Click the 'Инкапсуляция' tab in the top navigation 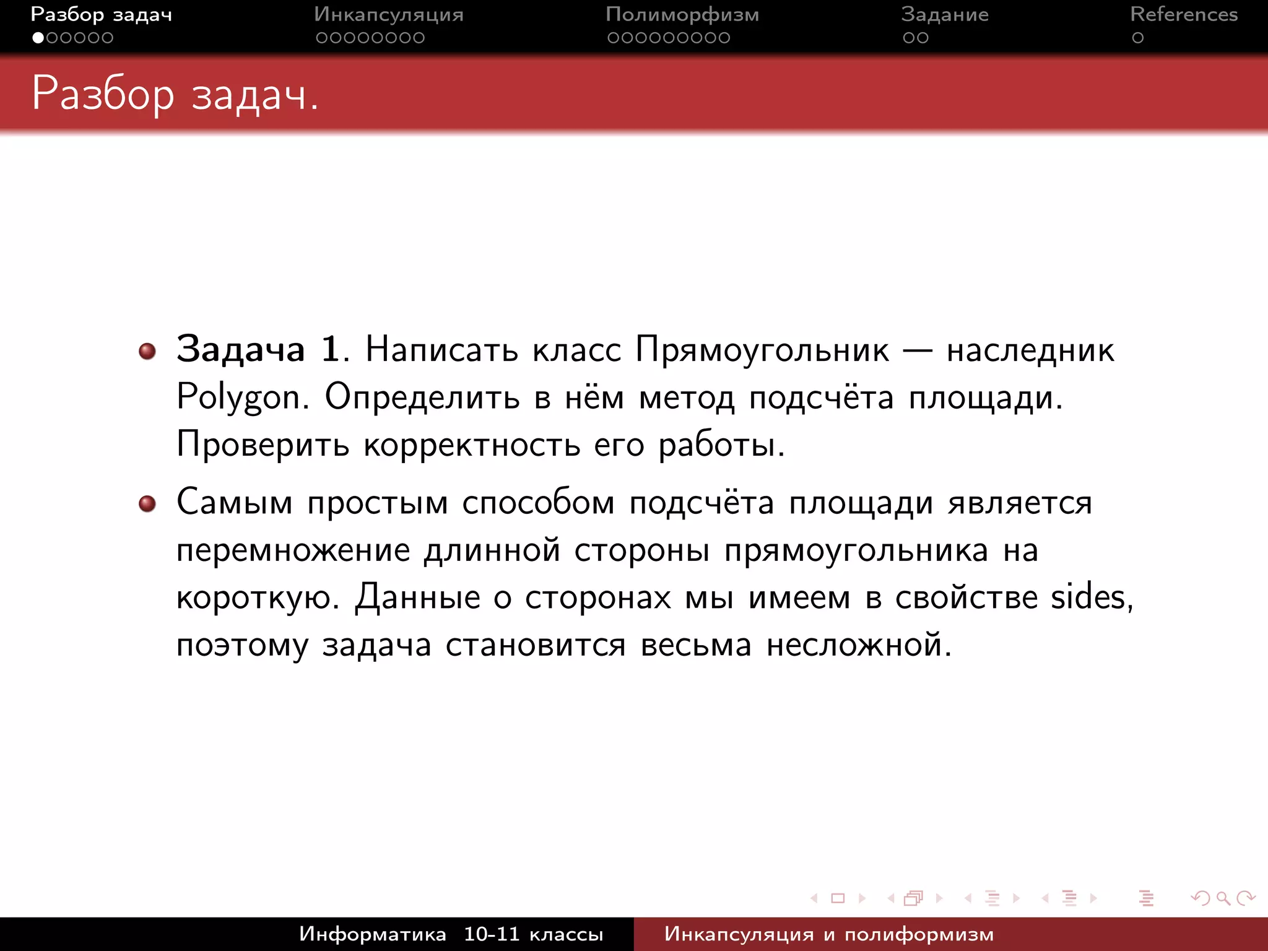tap(388, 14)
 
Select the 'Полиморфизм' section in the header tap(682, 14)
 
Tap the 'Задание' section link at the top tap(944, 14)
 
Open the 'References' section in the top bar tap(1183, 14)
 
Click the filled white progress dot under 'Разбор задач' tap(38, 38)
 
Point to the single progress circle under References tap(1137, 38)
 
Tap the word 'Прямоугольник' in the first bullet tap(762, 350)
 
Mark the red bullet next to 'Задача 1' tap(147, 352)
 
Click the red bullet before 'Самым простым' tap(147, 504)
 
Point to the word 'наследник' tap(1030, 350)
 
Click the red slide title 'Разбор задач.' tap(175, 94)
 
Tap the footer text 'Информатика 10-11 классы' tap(451, 934)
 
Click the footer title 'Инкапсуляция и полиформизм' tap(828, 934)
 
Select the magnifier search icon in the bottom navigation tap(1223, 898)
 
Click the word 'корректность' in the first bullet tap(472, 445)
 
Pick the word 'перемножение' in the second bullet tap(293, 550)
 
